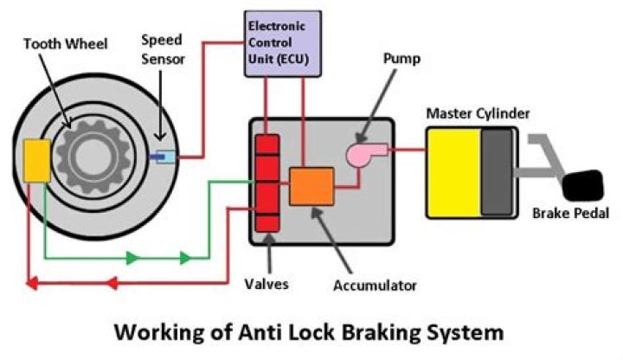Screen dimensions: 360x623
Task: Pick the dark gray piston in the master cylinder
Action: [x=496, y=173]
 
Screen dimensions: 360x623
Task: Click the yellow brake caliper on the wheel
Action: [x=37, y=160]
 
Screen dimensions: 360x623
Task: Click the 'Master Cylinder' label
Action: [x=478, y=113]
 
